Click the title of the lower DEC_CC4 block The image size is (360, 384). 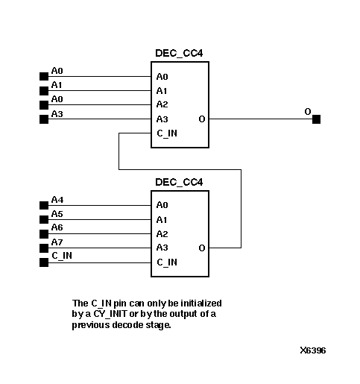[180, 183]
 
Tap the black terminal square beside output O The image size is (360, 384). [317, 119]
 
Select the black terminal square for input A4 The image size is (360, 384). [42, 205]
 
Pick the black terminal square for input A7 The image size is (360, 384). [42, 248]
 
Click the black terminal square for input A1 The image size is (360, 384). [42, 91]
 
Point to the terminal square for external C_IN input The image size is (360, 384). [42, 262]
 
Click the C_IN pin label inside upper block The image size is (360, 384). [167, 133]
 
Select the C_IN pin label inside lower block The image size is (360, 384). [167, 262]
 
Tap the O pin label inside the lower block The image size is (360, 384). [202, 248]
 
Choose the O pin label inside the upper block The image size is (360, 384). [202, 119]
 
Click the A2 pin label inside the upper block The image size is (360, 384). [162, 105]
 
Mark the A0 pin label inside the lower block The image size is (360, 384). [162, 205]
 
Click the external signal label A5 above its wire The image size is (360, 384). [57, 214]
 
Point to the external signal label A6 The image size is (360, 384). [57, 228]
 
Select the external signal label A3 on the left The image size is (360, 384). [57, 114]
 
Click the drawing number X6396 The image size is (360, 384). [312, 350]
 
